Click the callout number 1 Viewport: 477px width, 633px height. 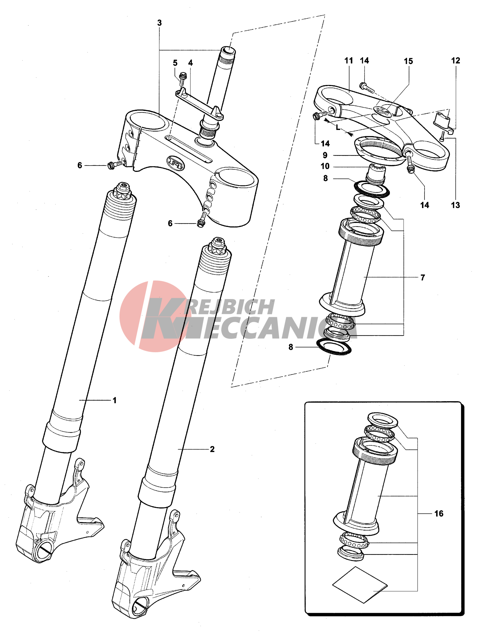[x=115, y=400]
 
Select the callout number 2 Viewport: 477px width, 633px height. [x=212, y=449]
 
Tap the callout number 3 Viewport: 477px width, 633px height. [x=160, y=23]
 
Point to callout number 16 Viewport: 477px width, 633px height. [x=439, y=514]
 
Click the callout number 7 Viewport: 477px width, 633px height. [x=423, y=277]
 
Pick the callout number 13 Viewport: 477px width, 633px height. [x=455, y=205]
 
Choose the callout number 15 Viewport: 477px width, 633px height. [x=408, y=61]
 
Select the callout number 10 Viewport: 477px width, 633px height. [x=325, y=166]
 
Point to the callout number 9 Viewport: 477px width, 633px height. [x=325, y=155]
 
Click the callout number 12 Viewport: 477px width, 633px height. [x=455, y=60]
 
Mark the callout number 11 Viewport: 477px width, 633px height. [x=348, y=60]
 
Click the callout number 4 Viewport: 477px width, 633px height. [x=191, y=63]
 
